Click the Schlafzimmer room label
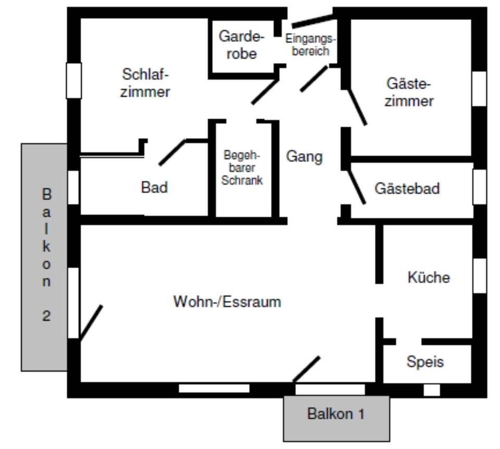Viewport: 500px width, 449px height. coord(145,83)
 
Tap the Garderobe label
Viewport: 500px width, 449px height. coord(242,45)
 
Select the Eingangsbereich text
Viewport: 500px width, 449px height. coord(310,45)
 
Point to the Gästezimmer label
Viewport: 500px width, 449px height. coord(409,92)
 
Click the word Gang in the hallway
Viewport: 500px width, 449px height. coord(304,157)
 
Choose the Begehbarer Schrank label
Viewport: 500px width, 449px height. coord(242,168)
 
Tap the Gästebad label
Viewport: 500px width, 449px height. coord(407,189)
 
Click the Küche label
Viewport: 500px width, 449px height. coord(428,277)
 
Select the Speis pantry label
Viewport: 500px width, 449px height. coord(426,361)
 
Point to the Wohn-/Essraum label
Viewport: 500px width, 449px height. coord(227,302)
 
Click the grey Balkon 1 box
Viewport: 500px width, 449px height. coord(336,417)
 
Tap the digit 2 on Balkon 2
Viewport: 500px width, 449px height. coord(46,316)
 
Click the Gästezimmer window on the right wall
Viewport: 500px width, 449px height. coord(479,89)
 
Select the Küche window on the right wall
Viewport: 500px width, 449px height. coord(479,275)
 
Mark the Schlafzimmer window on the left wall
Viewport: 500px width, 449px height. coord(74,80)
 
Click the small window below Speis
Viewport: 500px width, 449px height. coord(432,390)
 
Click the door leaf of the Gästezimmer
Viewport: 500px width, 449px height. coord(357,107)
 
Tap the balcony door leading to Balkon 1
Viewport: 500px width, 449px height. coord(307,369)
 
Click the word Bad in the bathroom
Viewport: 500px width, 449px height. coord(155,188)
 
